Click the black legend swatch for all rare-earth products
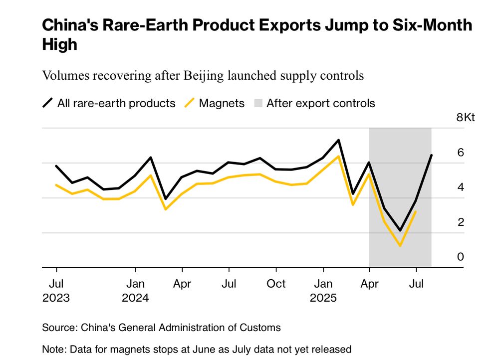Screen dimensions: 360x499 tap(47, 103)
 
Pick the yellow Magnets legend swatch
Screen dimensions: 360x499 tap(189, 103)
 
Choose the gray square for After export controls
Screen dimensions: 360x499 tap(257, 103)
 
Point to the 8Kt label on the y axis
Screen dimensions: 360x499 tap(466, 118)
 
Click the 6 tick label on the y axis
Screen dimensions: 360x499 tap(461, 153)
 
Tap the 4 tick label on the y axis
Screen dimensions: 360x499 tap(461, 187)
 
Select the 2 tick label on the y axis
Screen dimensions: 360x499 tap(461, 222)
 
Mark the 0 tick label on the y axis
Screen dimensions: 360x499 tap(461, 257)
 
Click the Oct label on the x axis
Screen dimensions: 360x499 tap(276, 284)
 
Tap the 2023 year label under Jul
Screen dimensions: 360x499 tap(56, 298)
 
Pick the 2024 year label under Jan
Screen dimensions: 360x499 tap(135, 298)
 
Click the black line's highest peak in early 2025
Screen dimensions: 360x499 tap(339, 140)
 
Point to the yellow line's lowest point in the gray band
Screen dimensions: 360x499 tap(400, 245)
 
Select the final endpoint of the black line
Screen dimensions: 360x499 tap(431, 155)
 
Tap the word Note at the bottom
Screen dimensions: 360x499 tap(52, 349)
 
